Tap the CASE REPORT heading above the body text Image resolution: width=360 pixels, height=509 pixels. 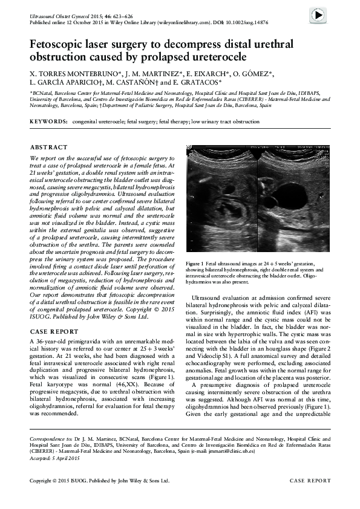click(53, 331)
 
